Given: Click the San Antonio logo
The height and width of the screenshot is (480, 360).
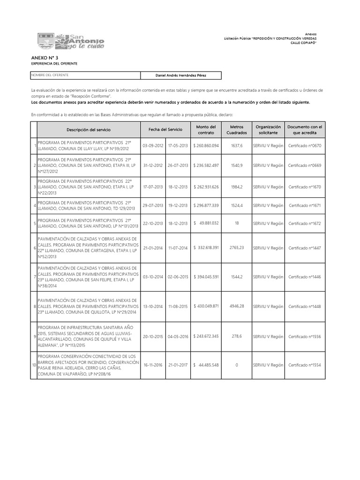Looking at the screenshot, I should tap(71, 41).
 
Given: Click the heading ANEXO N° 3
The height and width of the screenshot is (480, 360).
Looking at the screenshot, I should tap(42, 57).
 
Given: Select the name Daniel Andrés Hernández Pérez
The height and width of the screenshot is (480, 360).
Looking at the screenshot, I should tap(181, 75).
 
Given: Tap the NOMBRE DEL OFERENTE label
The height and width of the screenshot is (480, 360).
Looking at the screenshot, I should tap(49, 75).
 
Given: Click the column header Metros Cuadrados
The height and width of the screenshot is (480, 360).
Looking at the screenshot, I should tap(237, 130).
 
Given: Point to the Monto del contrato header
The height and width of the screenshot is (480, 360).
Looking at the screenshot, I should tap(206, 130).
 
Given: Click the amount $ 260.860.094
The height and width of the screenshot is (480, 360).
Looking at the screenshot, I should tap(206, 146).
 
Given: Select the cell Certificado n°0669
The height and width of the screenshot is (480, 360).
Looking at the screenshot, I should tap(305, 165).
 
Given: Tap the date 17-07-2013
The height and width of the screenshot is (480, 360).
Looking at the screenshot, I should tap(153, 187).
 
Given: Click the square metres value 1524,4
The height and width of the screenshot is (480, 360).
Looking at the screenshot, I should tap(237, 205).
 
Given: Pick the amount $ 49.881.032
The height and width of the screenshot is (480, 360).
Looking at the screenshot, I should tap(206, 224).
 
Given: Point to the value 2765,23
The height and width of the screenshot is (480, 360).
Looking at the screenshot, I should tap(237, 247).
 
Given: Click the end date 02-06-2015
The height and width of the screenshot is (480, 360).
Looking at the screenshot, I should tap(178, 277).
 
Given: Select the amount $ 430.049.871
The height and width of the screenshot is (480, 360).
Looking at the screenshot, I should tap(206, 306).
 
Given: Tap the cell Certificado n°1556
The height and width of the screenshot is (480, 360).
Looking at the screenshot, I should tap(305, 337).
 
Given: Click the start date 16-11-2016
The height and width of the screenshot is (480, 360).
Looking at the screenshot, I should tap(153, 365).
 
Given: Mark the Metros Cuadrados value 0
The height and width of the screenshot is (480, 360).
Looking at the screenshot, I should tap(237, 365).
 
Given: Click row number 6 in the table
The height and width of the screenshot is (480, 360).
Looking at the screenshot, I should tap(34, 247).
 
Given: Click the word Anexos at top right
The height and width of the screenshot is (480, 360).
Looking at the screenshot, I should tap(311, 34).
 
